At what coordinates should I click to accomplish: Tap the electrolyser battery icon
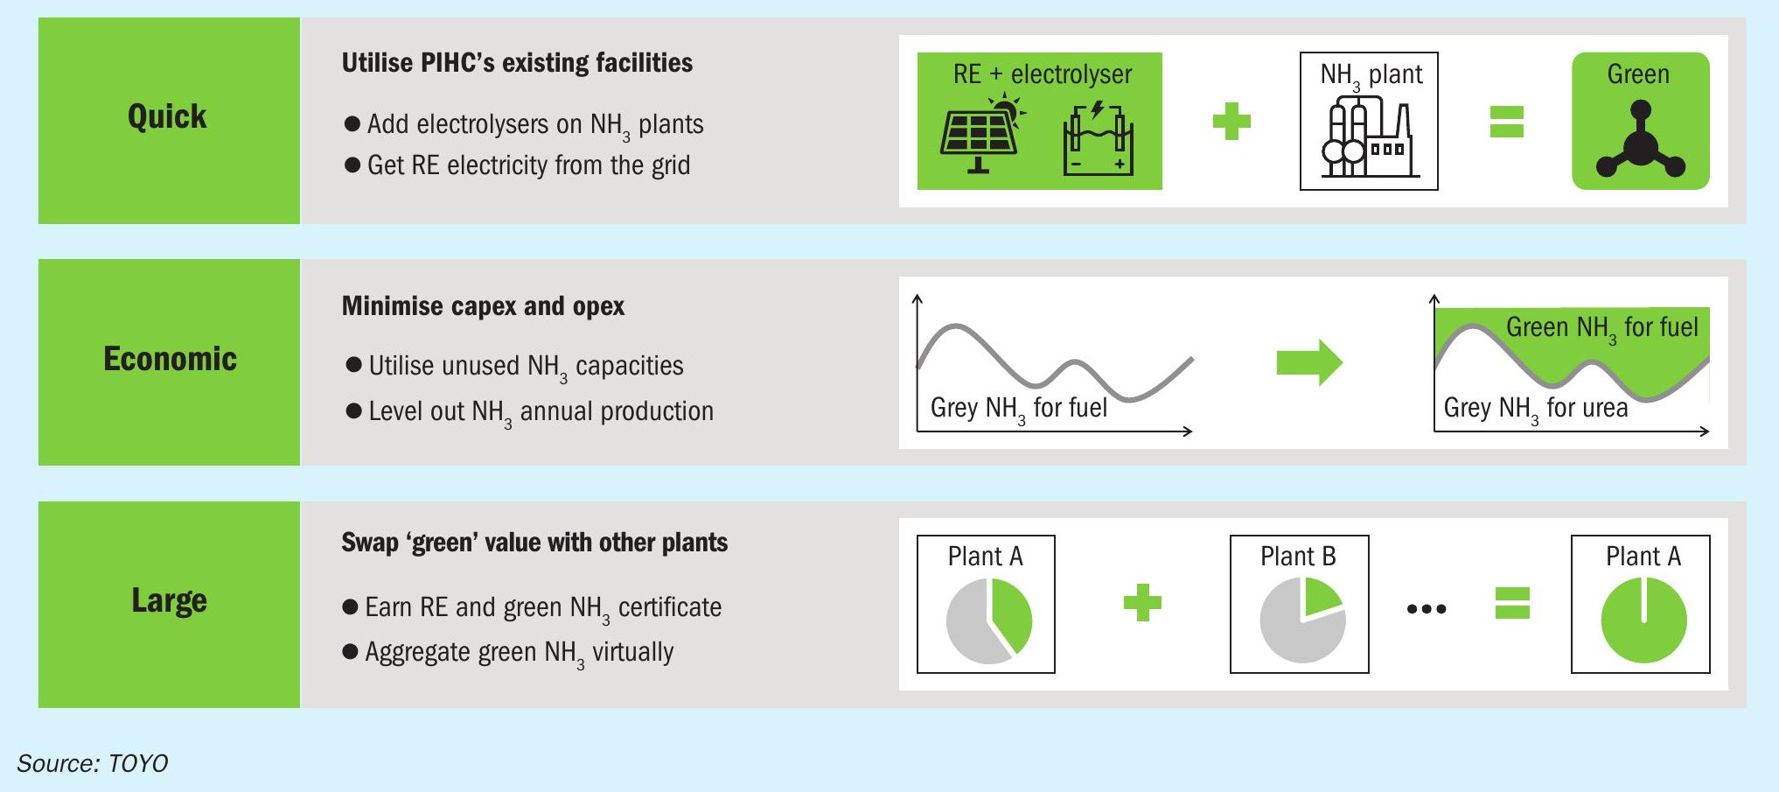1098,138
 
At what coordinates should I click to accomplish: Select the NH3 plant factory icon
1370,137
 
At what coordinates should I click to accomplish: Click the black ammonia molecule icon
1641,140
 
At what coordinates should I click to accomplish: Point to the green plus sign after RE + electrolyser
1231,121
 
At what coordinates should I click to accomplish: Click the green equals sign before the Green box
1507,122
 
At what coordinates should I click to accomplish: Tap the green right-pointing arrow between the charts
1309,361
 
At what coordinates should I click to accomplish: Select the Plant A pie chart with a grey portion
989,620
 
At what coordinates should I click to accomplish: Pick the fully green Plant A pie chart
1643,620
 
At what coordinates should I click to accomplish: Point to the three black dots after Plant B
1427,608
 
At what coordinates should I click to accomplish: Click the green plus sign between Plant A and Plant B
1142,602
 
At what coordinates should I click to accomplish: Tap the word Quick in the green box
167,116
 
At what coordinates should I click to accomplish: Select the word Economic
170,359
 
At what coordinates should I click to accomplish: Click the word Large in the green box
169,601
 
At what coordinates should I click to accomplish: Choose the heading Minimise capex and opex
483,306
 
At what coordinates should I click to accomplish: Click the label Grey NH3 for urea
1536,409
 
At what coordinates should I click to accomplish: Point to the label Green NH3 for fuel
1601,328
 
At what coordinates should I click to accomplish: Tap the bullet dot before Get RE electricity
352,165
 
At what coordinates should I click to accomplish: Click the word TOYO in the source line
137,764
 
